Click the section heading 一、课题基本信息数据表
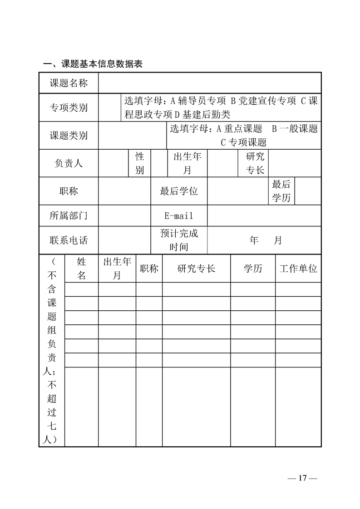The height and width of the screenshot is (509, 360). click(x=93, y=64)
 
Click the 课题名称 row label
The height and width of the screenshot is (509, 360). click(x=69, y=83)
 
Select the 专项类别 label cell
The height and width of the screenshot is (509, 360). click(x=69, y=108)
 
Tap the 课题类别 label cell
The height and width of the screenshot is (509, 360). click(x=69, y=135)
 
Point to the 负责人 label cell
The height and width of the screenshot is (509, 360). click(x=69, y=163)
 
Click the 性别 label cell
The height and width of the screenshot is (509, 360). click(x=140, y=163)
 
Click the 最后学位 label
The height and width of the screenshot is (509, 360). click(x=179, y=191)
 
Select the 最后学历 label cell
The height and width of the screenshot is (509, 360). click(x=281, y=191)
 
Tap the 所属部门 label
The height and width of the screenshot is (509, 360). click(x=69, y=215)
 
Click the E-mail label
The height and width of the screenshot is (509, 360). click(x=179, y=215)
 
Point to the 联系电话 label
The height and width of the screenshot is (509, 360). click(x=69, y=240)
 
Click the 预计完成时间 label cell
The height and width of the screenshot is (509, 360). click(x=179, y=240)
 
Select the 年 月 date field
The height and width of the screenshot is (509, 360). click(x=265, y=240)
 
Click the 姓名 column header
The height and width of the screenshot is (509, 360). click(x=82, y=268)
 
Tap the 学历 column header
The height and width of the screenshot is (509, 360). click(x=253, y=268)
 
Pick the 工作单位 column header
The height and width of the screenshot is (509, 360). click(x=298, y=268)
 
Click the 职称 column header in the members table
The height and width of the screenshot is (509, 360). click(x=149, y=268)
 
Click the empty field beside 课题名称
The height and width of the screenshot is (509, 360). click(x=210, y=83)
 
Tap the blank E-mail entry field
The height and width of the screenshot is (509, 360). click(x=264, y=215)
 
